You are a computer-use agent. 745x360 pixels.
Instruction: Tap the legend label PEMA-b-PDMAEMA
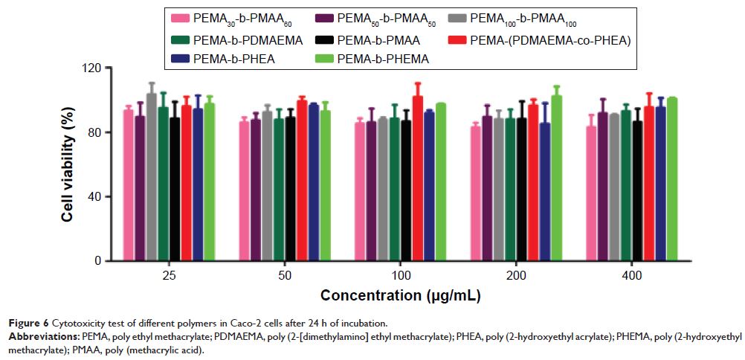coord(248,40)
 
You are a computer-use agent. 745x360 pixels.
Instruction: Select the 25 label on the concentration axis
coord(168,273)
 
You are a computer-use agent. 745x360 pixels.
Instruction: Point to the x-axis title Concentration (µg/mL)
coord(400,296)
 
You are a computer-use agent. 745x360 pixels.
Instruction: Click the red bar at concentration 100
coord(417,179)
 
